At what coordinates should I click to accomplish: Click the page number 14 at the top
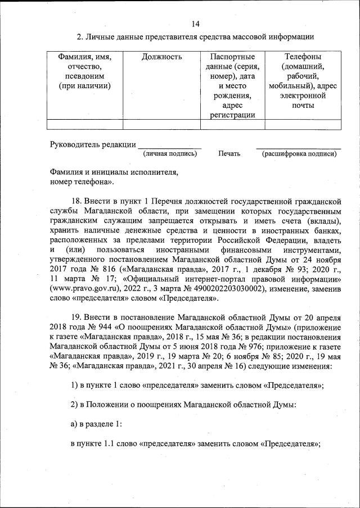pyautogui.click(x=195, y=24)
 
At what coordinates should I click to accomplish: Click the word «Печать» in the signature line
pyautogui.click(x=229, y=153)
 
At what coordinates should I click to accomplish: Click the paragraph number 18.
pyautogui.click(x=77, y=201)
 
